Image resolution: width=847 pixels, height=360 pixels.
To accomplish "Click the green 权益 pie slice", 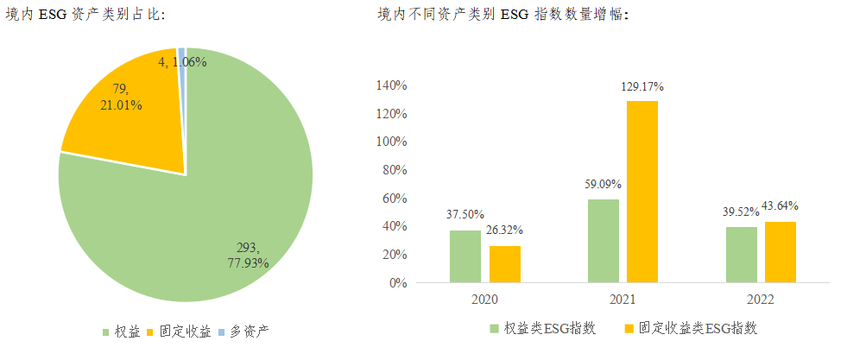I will [216, 216].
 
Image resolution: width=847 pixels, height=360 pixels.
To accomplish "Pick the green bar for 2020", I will [465, 256].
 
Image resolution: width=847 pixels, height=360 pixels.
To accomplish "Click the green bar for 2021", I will [604, 241].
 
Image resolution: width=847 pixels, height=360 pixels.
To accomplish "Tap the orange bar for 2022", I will [781, 252].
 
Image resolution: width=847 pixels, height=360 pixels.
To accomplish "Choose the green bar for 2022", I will [742, 255].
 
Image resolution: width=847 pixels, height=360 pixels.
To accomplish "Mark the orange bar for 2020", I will [505, 264].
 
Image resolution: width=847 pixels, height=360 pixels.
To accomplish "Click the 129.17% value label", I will [642, 87].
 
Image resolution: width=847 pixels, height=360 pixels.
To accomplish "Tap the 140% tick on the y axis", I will [391, 85].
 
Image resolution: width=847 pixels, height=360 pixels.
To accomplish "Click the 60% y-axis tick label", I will [394, 199].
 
